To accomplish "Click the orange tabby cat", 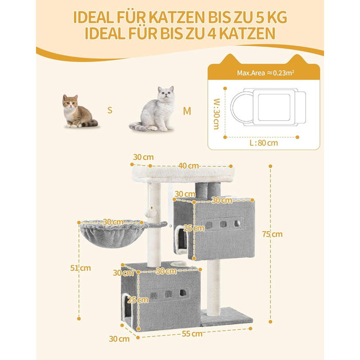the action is (x=79, y=112).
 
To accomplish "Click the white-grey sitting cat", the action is (x=153, y=109).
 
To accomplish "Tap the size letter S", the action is (x=110, y=110).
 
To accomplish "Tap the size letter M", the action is (x=187, y=111).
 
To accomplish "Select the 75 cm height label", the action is (x=272, y=234).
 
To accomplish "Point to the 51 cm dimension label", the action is (x=80, y=268).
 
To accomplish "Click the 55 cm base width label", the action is (x=192, y=334).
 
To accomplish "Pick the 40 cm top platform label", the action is (x=189, y=166).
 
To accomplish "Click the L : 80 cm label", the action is (x=263, y=143).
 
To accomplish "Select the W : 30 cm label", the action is (x=217, y=114).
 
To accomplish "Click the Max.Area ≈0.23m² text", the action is (x=266, y=73).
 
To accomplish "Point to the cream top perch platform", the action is (x=183, y=174).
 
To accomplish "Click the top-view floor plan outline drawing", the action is (x=268, y=107).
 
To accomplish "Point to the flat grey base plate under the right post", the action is (x=227, y=317).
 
